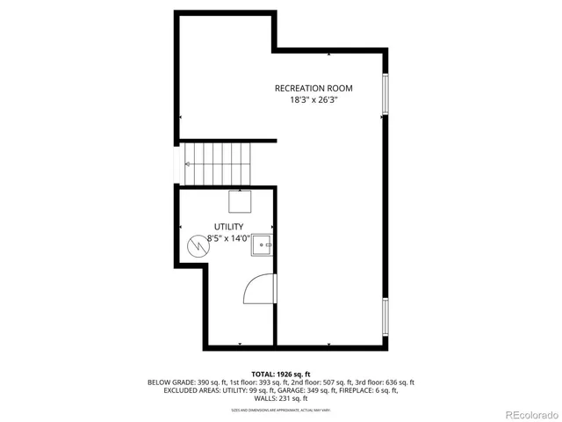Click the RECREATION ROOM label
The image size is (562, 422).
point(313,88)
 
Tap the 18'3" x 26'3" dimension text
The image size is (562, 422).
point(313,100)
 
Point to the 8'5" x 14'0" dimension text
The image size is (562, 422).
point(228,237)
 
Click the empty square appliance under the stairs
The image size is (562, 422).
point(241,202)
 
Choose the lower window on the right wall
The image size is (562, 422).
point(384,316)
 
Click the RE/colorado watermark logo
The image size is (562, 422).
point(523,413)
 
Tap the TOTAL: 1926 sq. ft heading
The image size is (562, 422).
point(281,375)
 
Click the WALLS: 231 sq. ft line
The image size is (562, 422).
point(281,398)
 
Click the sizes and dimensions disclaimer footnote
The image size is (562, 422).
point(281,410)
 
